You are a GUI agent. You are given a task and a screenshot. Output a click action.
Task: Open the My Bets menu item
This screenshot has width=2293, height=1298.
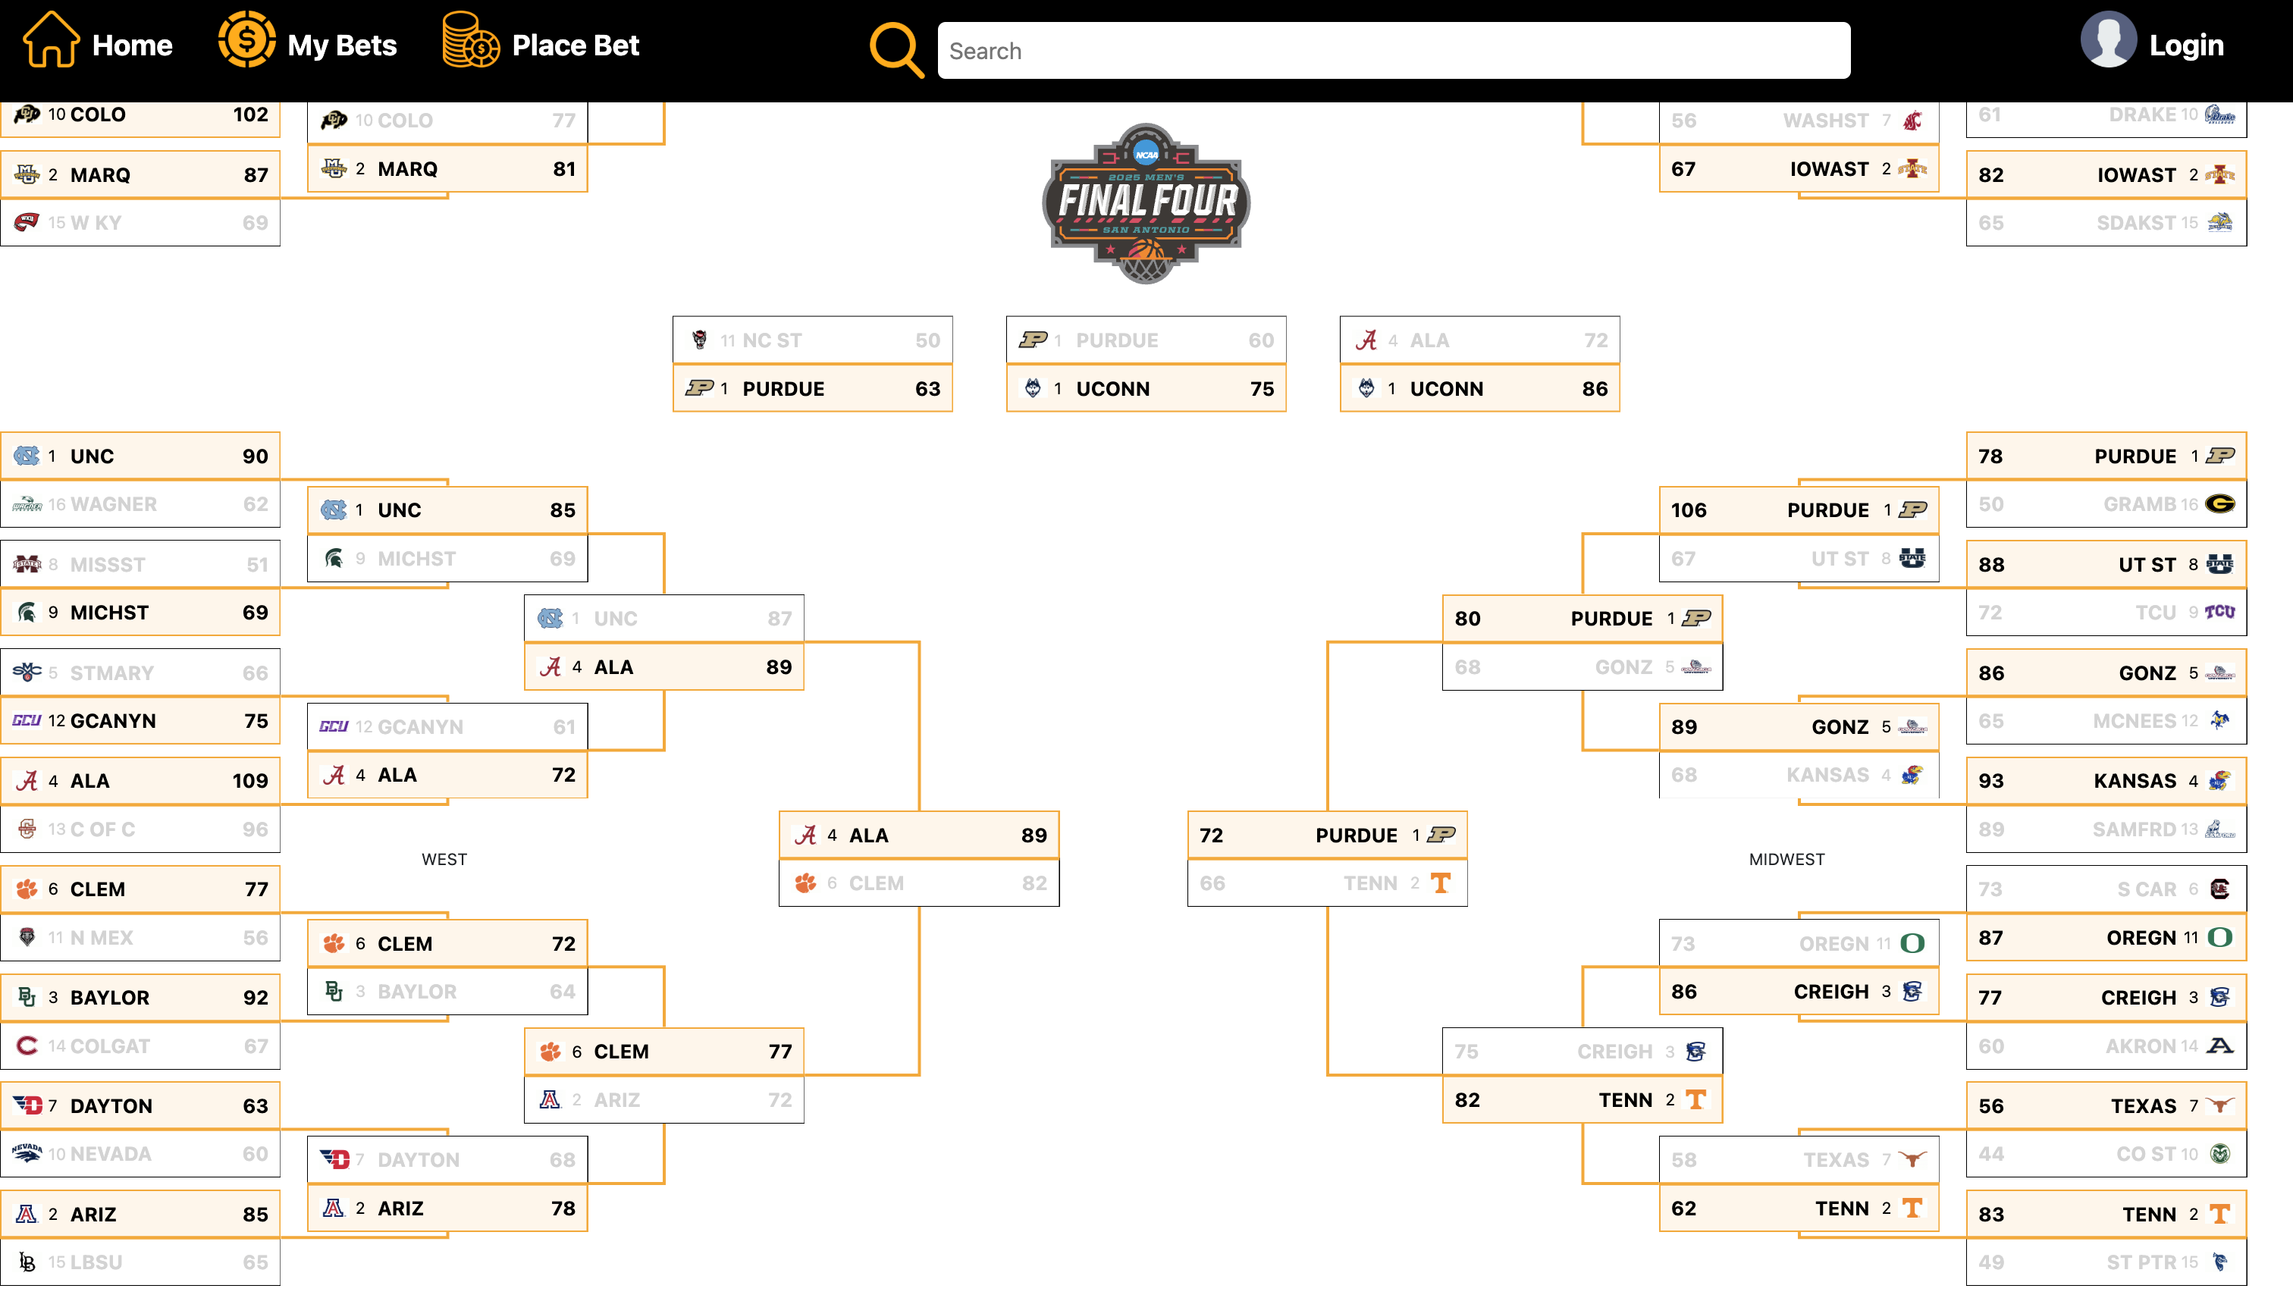pos(341,45)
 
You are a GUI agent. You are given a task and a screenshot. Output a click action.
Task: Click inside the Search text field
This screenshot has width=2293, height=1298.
pos(1393,51)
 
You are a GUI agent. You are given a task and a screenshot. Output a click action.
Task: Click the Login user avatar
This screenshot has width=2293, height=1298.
pos(2107,40)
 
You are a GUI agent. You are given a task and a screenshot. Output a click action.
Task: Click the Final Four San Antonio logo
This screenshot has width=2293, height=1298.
pos(1146,203)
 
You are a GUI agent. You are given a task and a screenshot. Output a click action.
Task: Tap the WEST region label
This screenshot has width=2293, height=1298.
pos(444,859)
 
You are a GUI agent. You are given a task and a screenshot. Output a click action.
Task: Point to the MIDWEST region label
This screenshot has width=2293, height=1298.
pos(1786,859)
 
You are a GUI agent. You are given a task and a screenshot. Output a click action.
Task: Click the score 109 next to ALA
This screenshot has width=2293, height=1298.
pos(249,781)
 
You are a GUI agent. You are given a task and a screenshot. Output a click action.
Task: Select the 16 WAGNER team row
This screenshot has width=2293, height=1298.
pos(140,505)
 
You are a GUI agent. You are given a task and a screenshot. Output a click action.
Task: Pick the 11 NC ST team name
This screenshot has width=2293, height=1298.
pos(771,340)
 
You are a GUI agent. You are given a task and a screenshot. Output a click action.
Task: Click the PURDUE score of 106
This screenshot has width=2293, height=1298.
pos(1688,510)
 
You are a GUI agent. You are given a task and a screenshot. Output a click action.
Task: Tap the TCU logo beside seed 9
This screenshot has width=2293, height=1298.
pos(2219,613)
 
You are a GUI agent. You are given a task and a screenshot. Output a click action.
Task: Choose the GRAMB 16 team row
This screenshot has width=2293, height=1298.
pos(2105,505)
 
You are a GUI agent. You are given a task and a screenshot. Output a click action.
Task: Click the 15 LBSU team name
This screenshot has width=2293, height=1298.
pos(96,1262)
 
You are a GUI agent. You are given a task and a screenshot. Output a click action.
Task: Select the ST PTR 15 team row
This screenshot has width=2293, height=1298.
pos(2105,1262)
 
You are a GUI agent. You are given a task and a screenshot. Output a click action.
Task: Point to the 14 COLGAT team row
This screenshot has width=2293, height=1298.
pos(140,1046)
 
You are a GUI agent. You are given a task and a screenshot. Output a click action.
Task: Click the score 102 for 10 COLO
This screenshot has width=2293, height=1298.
pos(249,114)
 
